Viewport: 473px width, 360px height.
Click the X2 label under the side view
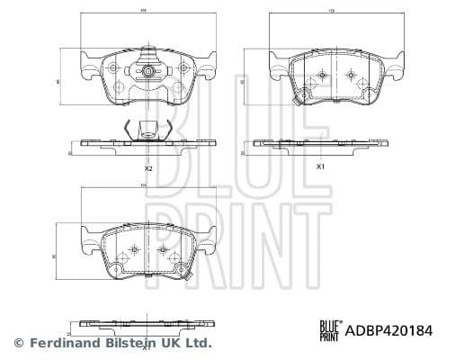click(148, 168)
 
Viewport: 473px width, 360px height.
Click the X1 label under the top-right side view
click(320, 167)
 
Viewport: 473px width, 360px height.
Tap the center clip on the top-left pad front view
click(147, 71)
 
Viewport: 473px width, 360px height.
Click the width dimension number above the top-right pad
click(331, 12)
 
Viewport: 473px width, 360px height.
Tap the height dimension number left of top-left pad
click(59, 80)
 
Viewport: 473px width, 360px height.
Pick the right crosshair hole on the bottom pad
click(164, 249)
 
